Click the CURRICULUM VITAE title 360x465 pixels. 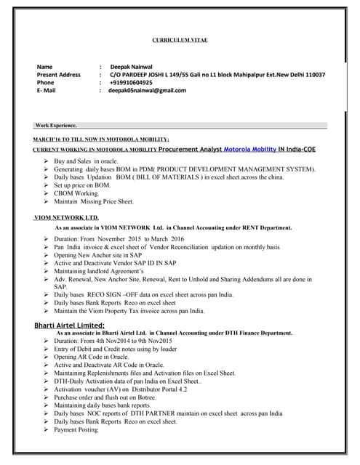[180, 40]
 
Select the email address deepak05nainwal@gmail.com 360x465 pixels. [148, 90]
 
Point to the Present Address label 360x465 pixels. [58, 74]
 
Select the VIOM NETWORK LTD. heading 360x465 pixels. [66, 217]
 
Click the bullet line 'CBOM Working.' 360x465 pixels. [81, 193]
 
